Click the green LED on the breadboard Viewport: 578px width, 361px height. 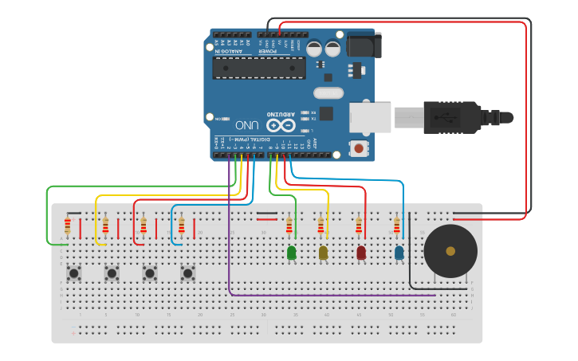(291, 253)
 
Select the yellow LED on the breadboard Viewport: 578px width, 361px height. (323, 253)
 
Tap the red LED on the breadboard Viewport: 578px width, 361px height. (361, 253)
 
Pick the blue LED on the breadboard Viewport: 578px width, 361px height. (399, 253)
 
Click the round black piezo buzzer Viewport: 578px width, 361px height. (450, 251)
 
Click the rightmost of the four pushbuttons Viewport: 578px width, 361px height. (187, 273)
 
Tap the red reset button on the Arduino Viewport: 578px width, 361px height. (359, 148)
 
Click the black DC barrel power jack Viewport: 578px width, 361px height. (364, 45)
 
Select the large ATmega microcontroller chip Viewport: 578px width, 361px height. (258, 68)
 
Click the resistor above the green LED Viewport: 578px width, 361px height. (289, 227)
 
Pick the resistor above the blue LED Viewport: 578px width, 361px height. (397, 227)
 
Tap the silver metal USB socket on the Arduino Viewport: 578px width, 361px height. (370, 118)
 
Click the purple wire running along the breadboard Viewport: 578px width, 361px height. (319, 295)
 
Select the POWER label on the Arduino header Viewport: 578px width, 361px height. (267, 51)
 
